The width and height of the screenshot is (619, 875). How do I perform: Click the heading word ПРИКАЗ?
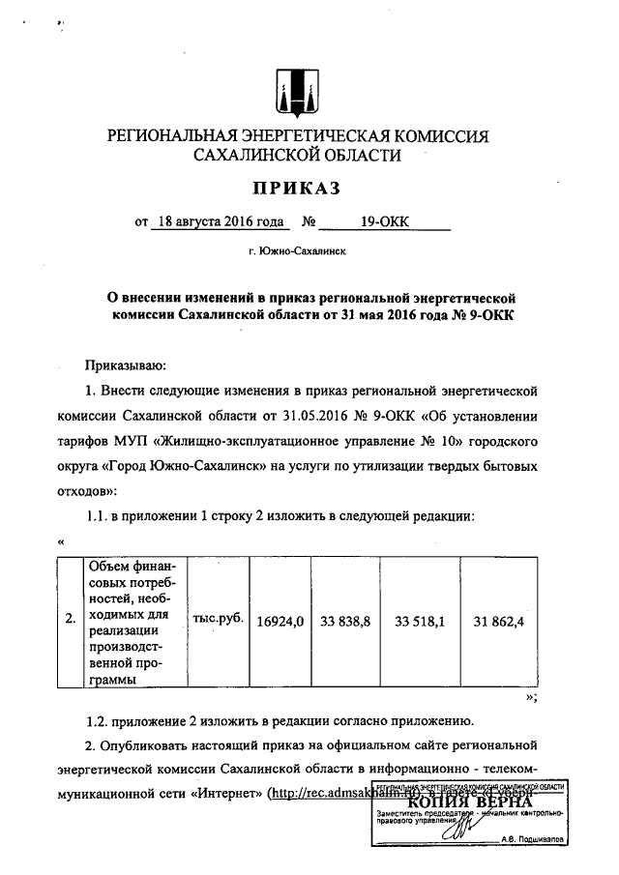coord(297,186)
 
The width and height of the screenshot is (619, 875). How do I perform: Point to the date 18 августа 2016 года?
coord(219,222)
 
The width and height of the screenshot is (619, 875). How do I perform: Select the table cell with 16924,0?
coord(280,621)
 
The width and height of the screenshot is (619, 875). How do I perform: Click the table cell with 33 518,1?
coord(420,621)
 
